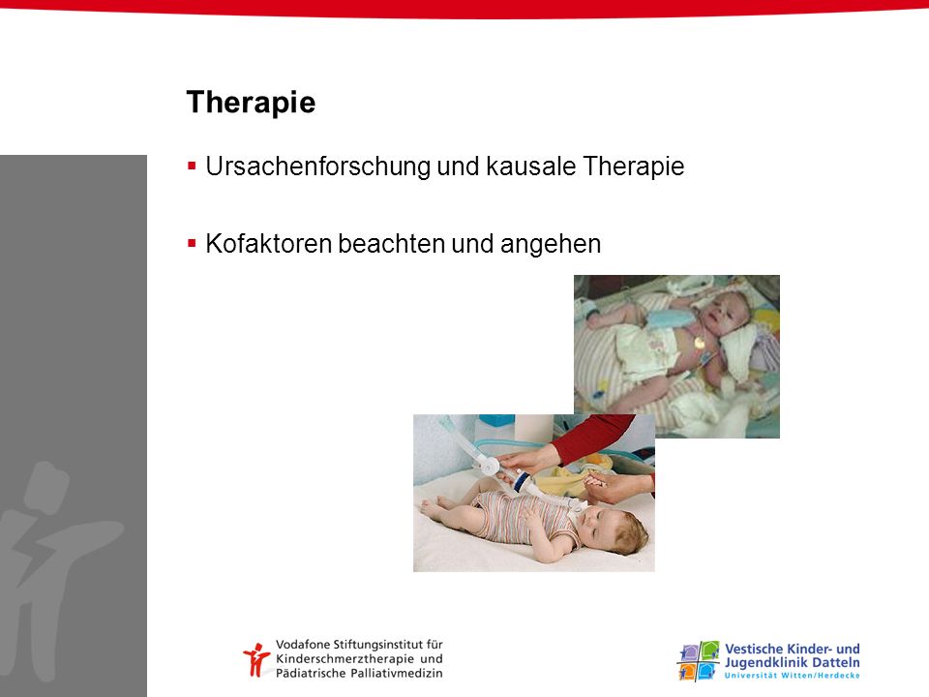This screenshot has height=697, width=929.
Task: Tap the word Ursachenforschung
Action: (318, 166)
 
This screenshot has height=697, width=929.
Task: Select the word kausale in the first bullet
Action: (531, 166)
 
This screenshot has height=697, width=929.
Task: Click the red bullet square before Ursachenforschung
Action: (192, 166)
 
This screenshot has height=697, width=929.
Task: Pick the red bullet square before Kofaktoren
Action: (192, 243)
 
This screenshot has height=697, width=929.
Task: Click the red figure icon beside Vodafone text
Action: (256, 659)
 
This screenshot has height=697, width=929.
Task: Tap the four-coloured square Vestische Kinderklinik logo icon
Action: (698, 661)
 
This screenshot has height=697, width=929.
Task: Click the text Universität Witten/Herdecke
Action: (793, 676)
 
